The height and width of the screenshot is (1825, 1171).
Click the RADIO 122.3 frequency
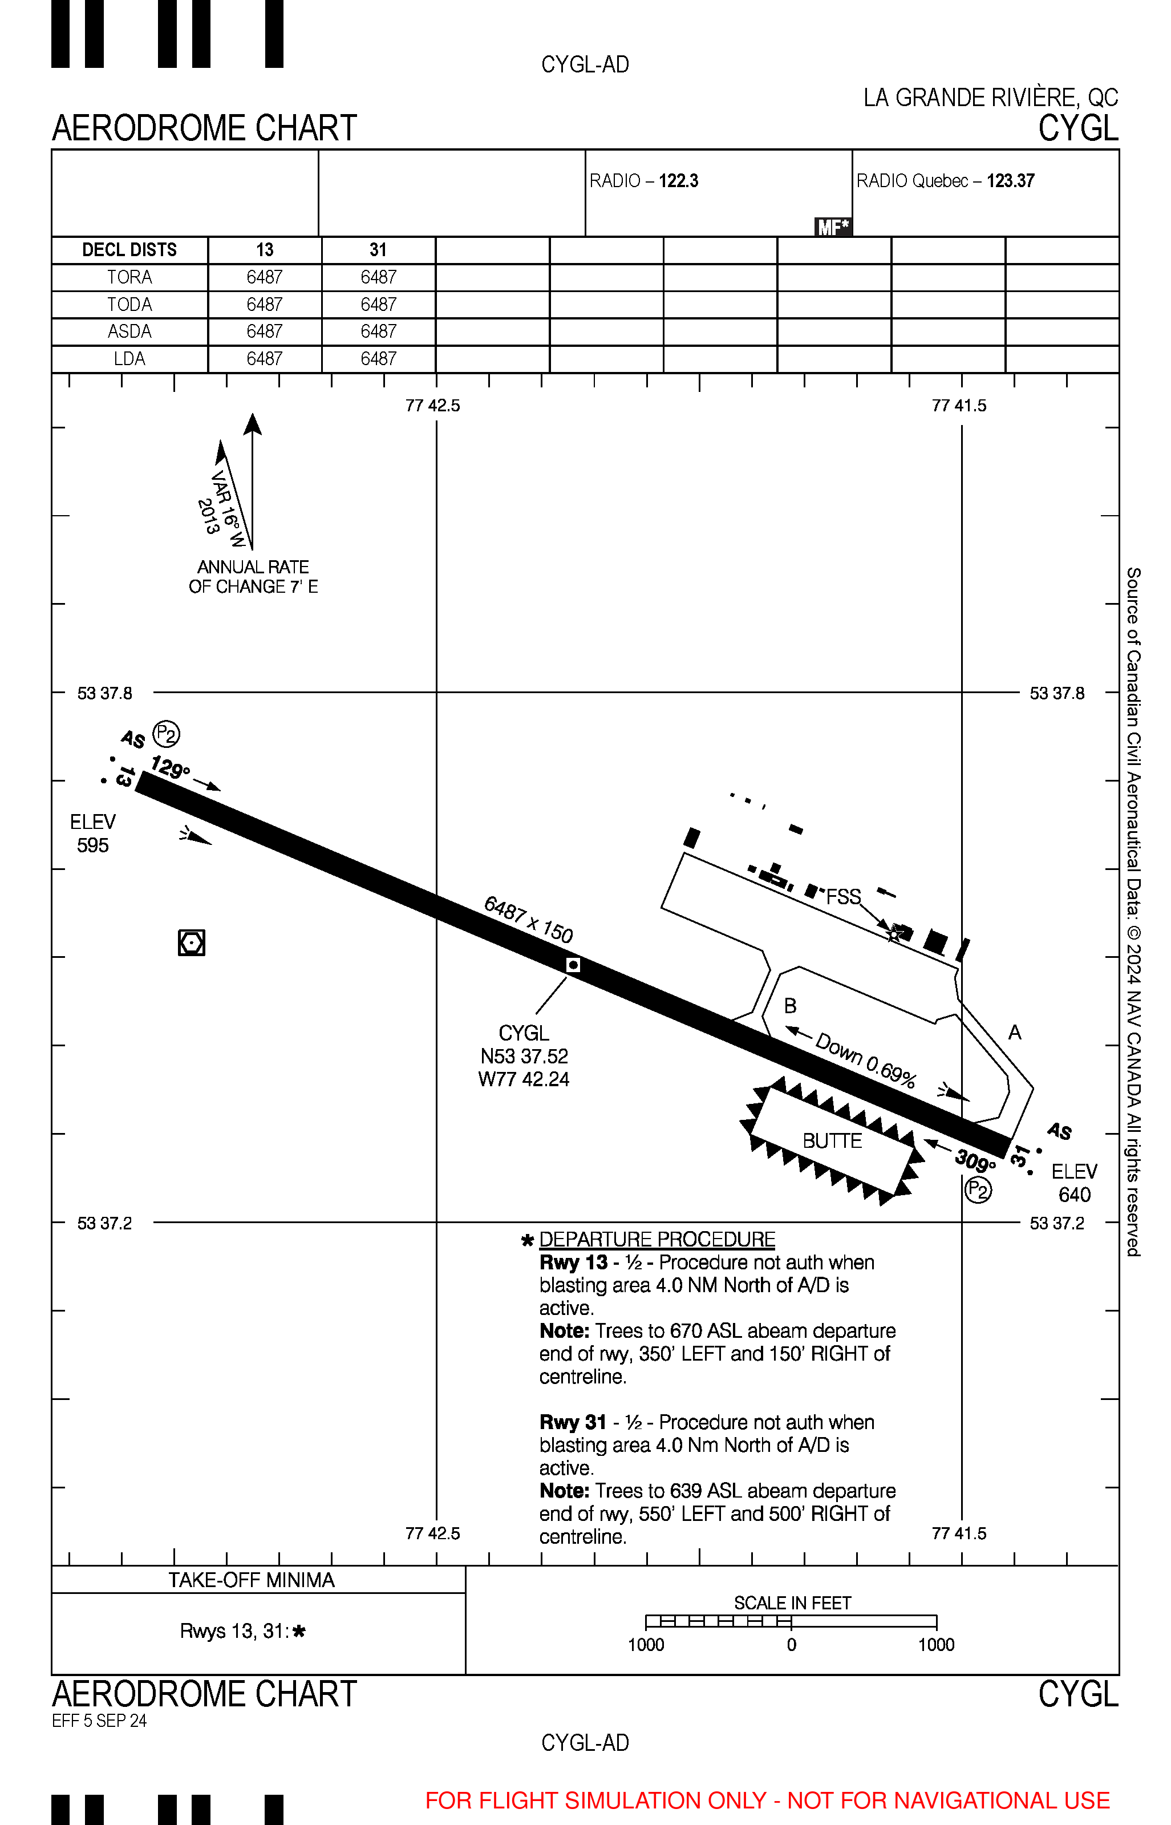644,181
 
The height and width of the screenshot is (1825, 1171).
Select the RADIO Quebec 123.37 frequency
945,181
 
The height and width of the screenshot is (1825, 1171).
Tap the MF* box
833,226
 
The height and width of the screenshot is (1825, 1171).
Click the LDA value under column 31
378,358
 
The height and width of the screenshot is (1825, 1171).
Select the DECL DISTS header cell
129,250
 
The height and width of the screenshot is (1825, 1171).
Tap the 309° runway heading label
975,1160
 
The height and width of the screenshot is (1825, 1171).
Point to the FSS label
843,897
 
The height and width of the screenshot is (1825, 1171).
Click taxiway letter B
790,1006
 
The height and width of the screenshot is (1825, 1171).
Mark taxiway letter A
1014,1033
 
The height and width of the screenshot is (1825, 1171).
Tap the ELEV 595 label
93,833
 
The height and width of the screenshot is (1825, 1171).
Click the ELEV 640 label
1073,1183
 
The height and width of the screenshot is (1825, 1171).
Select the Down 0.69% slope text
865,1060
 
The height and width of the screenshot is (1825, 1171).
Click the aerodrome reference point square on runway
573,965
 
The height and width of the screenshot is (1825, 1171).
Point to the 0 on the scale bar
792,1645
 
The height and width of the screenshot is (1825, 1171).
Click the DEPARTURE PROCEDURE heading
657,1240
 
